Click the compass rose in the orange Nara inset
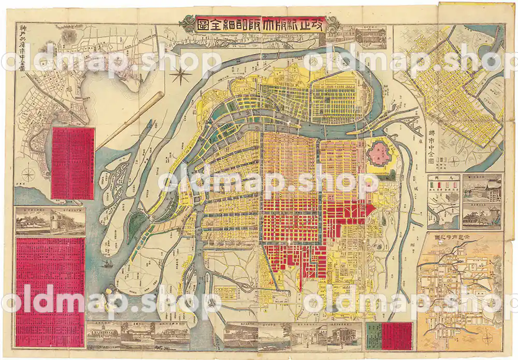click(488, 338)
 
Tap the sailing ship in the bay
click(108, 263)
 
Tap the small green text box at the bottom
click(373, 335)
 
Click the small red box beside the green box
click(396, 335)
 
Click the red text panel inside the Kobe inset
click(73, 164)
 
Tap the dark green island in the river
click(137, 223)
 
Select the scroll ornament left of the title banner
click(188, 24)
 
